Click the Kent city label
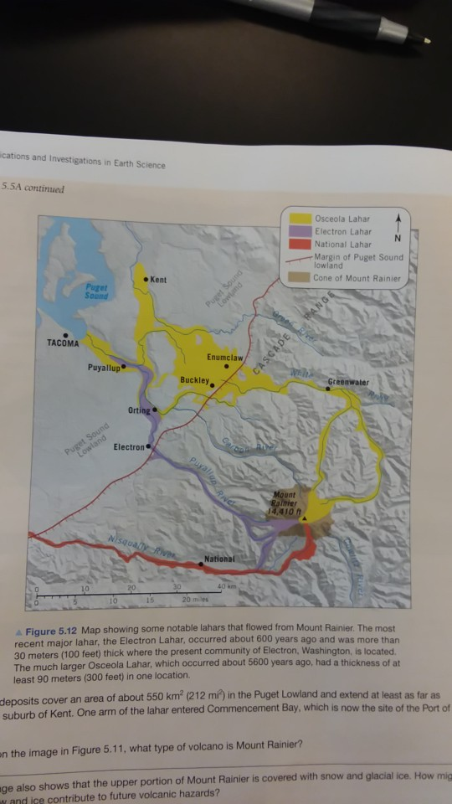coord(159,279)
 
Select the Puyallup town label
coord(105,367)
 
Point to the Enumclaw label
coord(225,358)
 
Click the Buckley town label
coord(194,380)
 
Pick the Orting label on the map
coord(138,410)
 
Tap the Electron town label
coord(129,447)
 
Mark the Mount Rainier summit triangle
coord(306,519)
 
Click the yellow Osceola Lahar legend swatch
coord(300,219)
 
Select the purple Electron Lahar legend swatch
coord(300,232)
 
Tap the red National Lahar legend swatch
coord(300,245)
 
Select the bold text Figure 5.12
coord(54,629)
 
